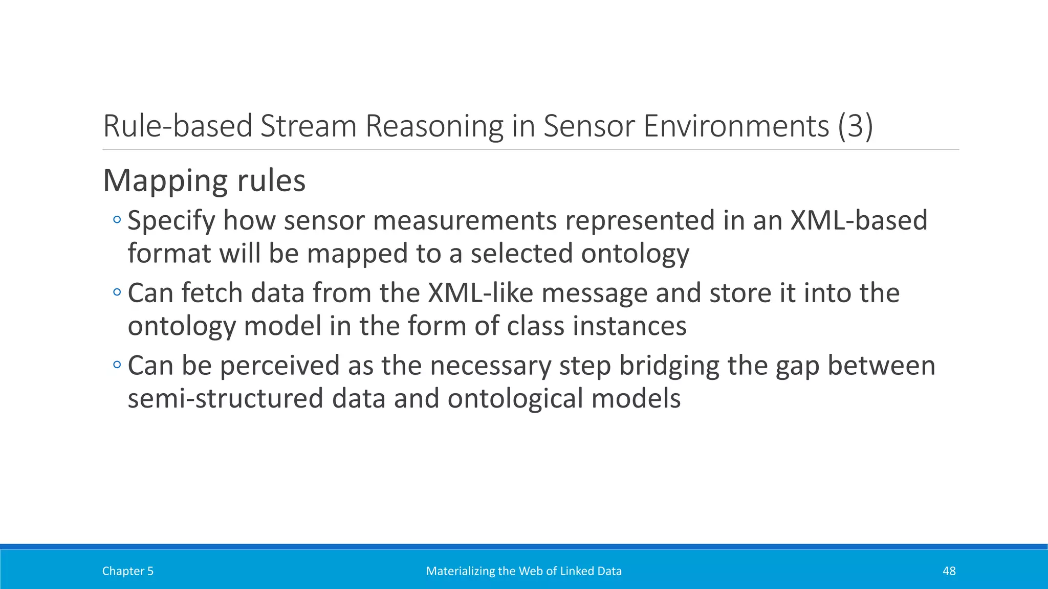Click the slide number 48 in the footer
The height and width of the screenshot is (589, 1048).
tap(949, 571)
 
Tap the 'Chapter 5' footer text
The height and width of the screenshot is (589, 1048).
tap(127, 571)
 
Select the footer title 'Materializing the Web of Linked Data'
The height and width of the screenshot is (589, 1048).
tap(523, 571)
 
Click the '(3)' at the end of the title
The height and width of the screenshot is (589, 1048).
tap(855, 126)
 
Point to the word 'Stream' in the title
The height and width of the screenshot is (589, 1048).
tap(308, 126)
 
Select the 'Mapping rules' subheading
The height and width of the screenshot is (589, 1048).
tap(204, 180)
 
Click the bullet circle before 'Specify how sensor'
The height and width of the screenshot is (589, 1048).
tap(117, 220)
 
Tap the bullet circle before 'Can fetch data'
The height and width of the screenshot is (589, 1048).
tap(117, 293)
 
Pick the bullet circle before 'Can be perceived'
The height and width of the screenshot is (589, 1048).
tap(117, 366)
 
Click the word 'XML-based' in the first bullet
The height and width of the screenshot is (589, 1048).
tap(859, 220)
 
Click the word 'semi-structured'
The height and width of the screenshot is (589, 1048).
tap(225, 399)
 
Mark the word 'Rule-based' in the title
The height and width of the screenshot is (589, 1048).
tap(178, 126)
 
